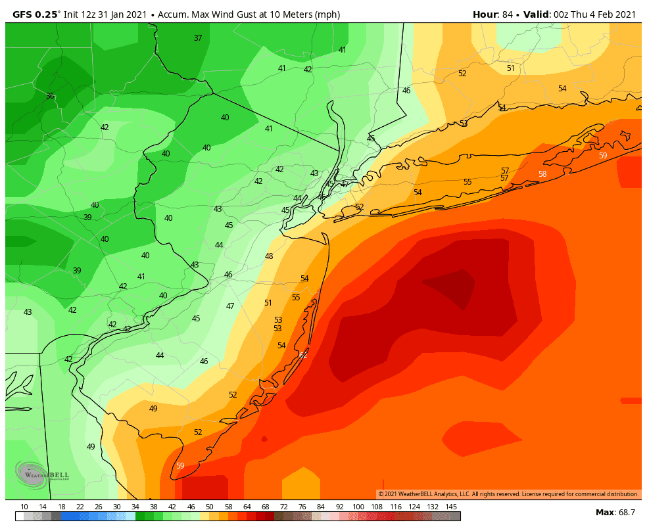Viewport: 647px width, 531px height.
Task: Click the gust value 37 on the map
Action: [198, 38]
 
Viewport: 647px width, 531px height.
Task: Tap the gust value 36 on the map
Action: [50, 96]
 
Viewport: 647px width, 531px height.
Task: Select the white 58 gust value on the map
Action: [542, 174]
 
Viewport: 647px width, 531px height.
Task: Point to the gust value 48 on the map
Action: [269, 256]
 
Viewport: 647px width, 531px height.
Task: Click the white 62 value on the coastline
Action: [303, 355]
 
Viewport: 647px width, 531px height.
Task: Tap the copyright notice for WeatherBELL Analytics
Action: [508, 494]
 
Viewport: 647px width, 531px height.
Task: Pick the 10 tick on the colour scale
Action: [24, 507]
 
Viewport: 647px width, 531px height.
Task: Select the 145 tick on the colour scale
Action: [451, 507]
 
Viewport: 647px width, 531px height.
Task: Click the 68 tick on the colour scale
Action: [265, 507]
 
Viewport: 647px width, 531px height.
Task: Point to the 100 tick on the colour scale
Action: [358, 507]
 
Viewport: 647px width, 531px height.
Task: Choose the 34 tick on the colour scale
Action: [135, 507]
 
